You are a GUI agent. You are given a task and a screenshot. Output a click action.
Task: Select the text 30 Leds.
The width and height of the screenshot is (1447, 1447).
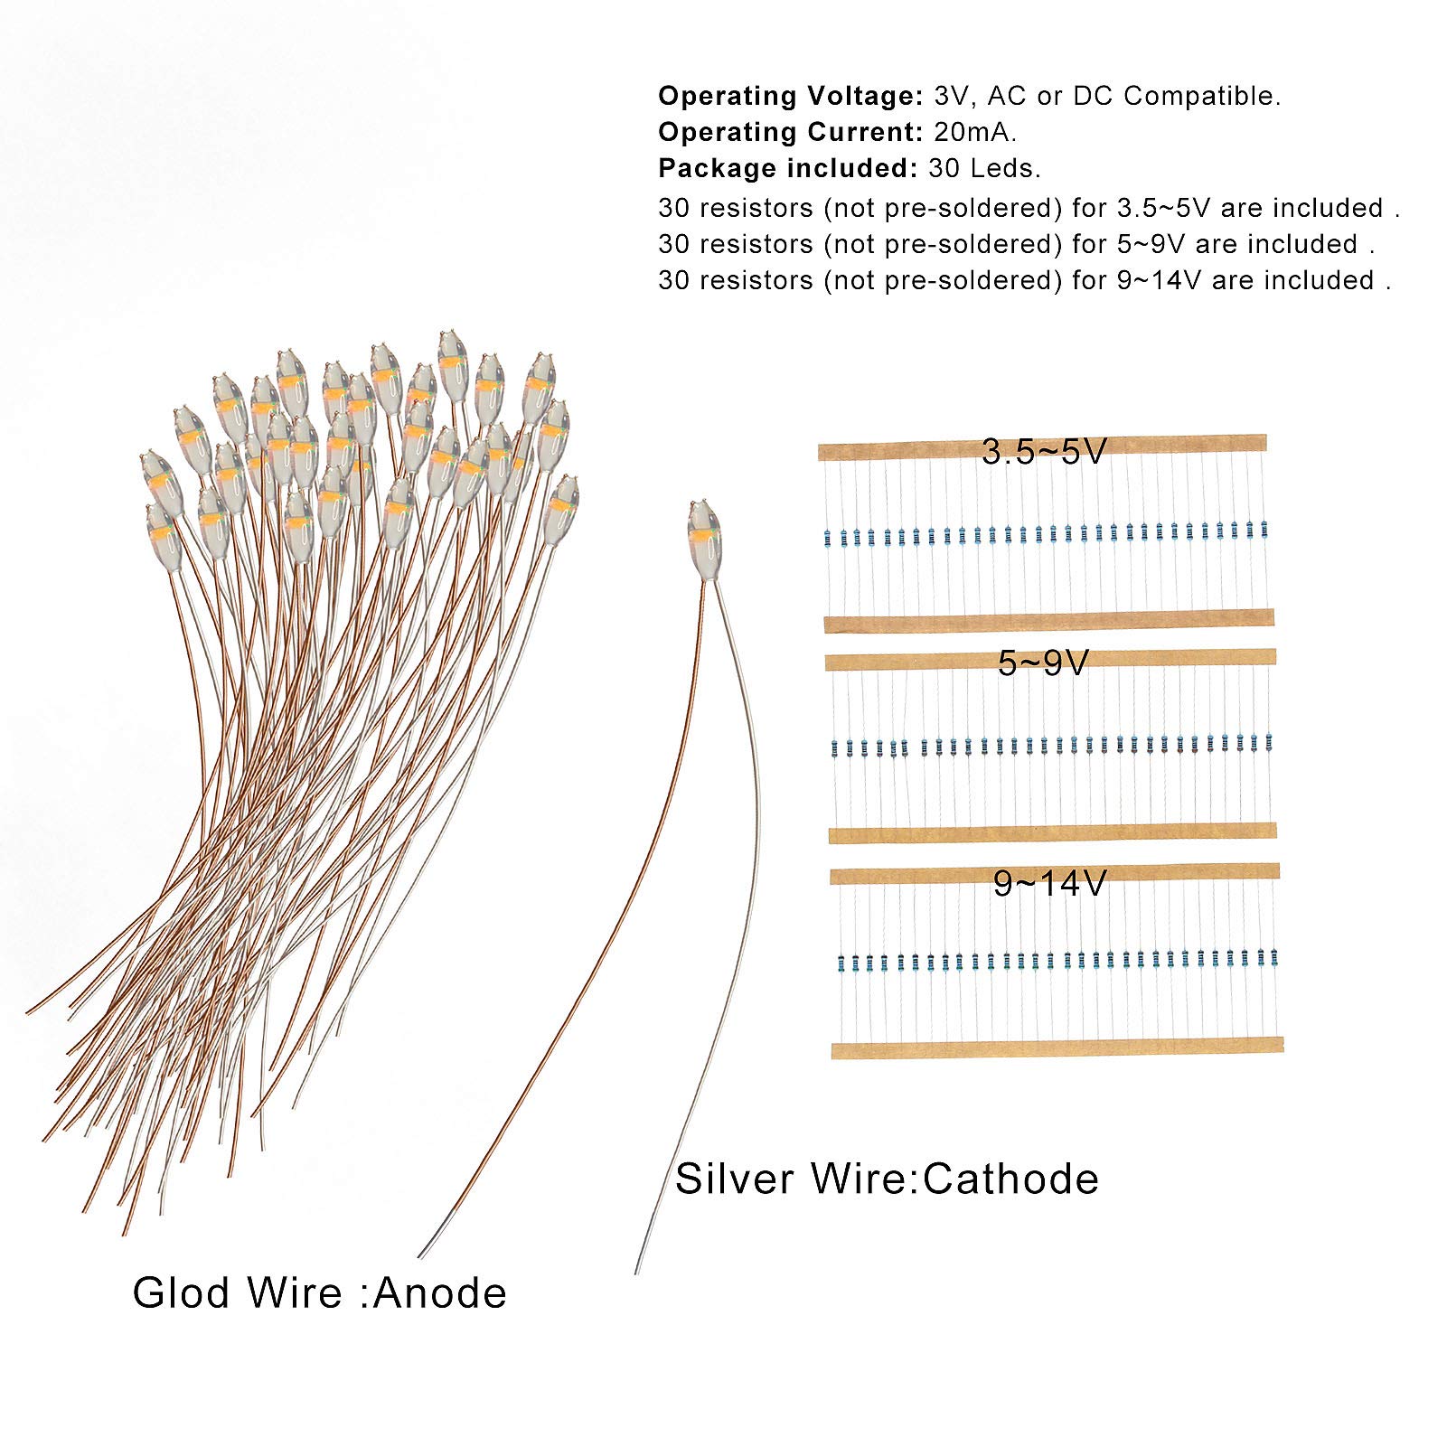coord(984,168)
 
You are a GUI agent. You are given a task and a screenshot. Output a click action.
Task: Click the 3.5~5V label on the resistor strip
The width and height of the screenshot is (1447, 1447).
coord(1045,451)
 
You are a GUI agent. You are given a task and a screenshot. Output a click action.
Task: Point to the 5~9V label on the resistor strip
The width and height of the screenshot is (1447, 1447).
coord(1044,663)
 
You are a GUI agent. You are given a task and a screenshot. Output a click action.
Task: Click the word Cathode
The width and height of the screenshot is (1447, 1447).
coord(1011,1179)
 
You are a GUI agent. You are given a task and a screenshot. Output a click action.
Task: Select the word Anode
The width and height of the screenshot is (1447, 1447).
coord(440,1293)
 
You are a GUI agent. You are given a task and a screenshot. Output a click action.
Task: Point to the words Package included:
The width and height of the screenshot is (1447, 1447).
coord(789,168)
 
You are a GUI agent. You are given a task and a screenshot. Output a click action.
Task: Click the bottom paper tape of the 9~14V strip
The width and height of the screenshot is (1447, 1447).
coord(1057,1047)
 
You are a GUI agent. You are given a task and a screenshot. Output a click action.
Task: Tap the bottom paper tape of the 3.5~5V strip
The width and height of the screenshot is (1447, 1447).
coord(1049,621)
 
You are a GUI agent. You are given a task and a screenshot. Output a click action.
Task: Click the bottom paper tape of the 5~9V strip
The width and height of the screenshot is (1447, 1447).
coord(1051,832)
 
